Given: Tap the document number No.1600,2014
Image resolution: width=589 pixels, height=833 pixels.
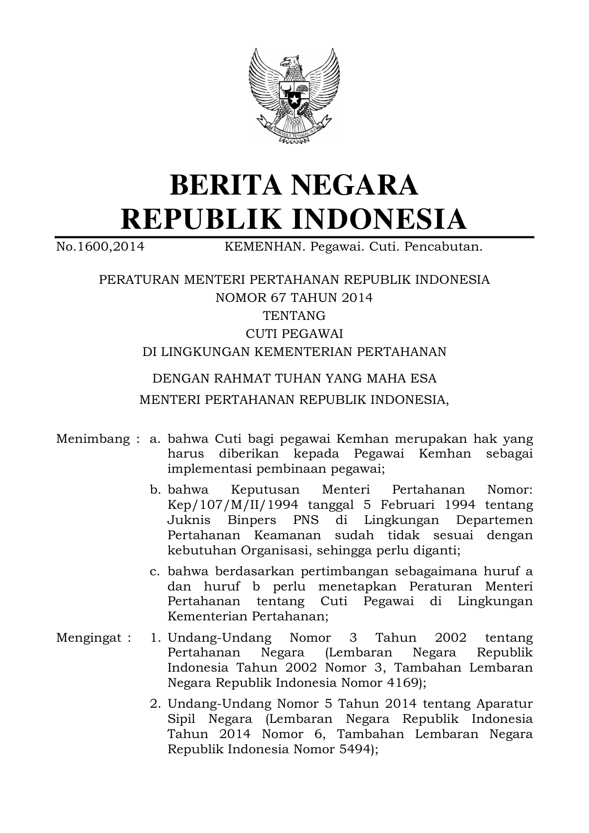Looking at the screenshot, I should (x=100, y=247).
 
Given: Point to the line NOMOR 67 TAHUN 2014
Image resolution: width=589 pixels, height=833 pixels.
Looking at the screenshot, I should (x=294, y=298).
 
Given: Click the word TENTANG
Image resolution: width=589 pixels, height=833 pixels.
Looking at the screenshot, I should (x=294, y=316).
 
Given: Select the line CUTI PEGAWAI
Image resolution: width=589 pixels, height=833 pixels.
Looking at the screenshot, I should (x=294, y=334).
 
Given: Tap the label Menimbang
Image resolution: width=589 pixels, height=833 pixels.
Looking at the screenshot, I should (x=93, y=439).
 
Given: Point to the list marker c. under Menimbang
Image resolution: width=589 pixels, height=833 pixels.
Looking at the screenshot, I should (x=154, y=571).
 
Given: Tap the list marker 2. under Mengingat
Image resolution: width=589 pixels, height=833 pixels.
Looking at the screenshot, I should (x=154, y=704).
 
